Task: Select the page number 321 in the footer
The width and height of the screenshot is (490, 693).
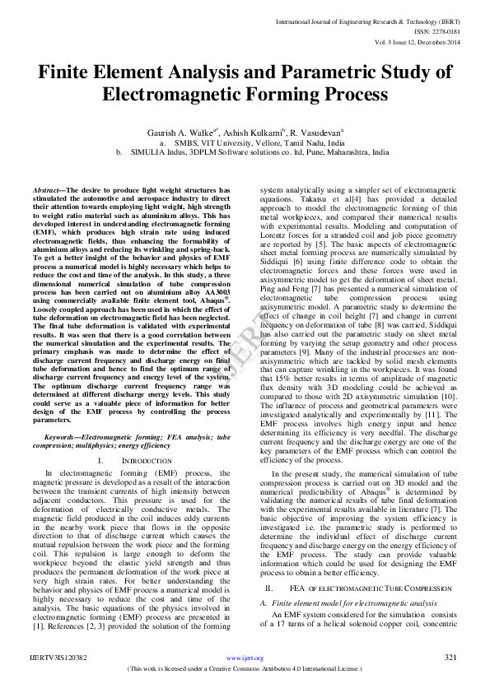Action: pos(450,658)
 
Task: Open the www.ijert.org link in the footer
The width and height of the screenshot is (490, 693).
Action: pos(245,658)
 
